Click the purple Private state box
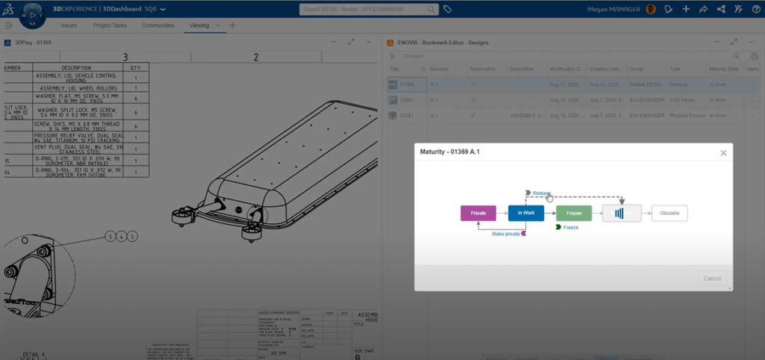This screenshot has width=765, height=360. [x=478, y=213]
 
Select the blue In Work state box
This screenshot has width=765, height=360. [x=526, y=213]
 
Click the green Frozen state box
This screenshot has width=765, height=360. [x=574, y=213]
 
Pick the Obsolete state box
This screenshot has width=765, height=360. [x=669, y=213]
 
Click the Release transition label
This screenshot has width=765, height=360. [x=542, y=193]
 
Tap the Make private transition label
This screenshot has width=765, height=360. [x=506, y=234]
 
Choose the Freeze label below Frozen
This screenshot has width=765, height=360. [x=570, y=227]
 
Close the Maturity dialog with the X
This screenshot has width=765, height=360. [x=723, y=153]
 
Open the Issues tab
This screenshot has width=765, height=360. [x=69, y=25]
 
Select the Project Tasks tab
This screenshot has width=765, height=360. [x=110, y=25]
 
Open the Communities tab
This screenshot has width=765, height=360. [x=158, y=25]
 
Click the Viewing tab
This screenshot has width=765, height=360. [x=199, y=25]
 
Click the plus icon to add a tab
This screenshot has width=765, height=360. [x=232, y=25]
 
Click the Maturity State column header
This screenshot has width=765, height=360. [x=723, y=69]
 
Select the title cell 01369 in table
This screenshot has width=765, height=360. [x=406, y=85]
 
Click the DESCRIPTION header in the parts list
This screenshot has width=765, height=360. [x=75, y=68]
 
